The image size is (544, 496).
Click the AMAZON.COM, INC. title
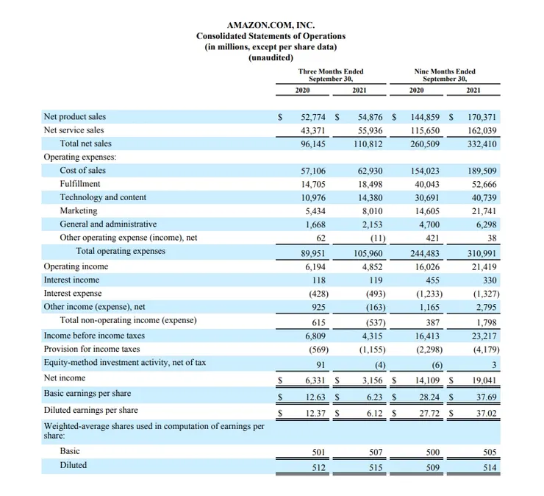(271, 24)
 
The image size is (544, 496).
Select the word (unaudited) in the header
(271, 57)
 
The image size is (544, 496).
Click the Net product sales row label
(75, 116)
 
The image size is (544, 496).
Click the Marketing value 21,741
(482, 210)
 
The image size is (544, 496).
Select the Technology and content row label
(103, 197)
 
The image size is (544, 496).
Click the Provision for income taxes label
(92, 349)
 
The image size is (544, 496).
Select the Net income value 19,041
(482, 380)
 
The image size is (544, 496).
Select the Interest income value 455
(430, 280)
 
